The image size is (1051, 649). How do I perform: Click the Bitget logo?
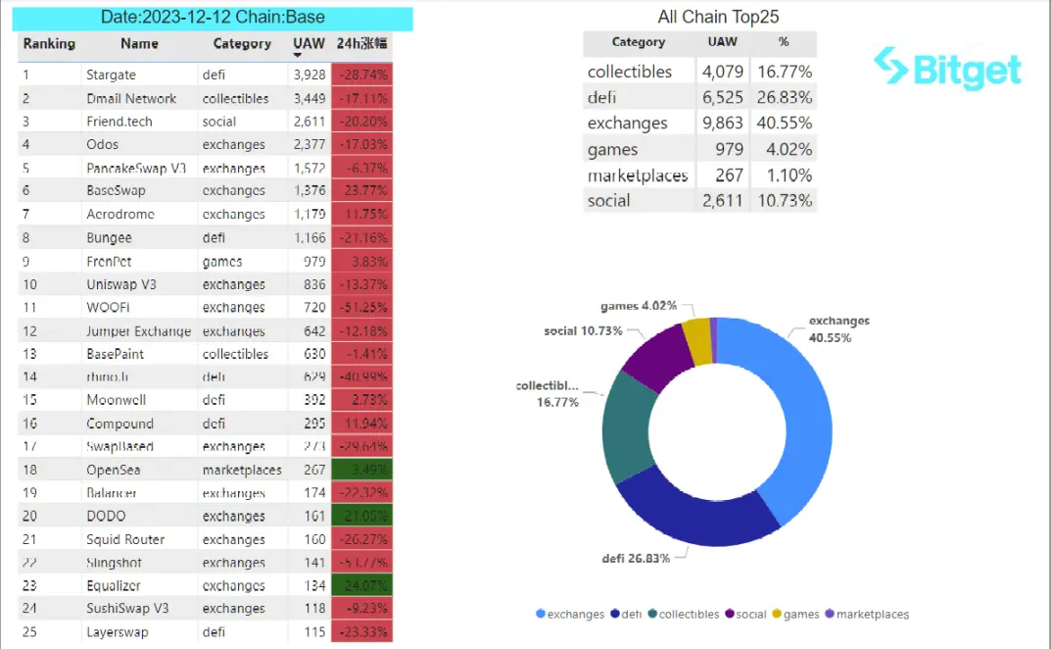[x=947, y=68]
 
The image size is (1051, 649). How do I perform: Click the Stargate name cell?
[x=111, y=75]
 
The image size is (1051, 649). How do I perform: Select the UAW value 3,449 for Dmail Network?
[x=309, y=98]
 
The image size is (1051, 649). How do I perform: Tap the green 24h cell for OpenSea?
[x=361, y=470]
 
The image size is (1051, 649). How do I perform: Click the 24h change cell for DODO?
[x=361, y=516]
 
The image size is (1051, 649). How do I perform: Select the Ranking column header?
[x=49, y=44]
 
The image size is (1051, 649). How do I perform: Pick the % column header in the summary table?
[x=783, y=43]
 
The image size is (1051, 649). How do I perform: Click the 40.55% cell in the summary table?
[x=783, y=124]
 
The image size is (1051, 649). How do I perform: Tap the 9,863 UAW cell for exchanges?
[x=723, y=124]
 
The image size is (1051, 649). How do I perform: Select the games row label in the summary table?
[x=612, y=150]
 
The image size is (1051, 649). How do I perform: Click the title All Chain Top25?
[x=718, y=17]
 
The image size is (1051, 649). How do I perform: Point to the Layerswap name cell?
[x=118, y=632]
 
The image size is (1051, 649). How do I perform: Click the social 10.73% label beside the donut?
[x=583, y=331]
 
